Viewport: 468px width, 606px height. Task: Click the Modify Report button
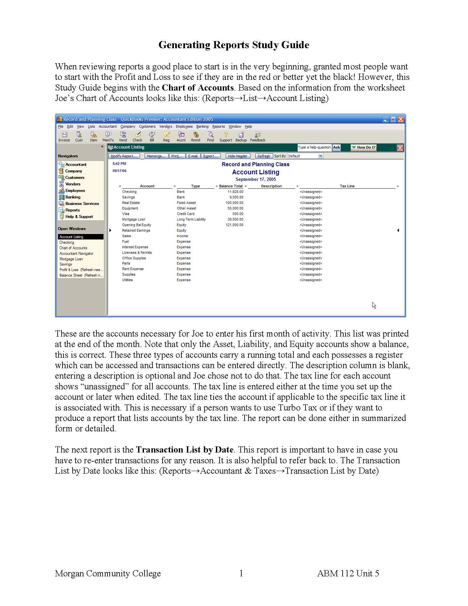(x=124, y=156)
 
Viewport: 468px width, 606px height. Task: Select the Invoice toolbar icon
(x=64, y=137)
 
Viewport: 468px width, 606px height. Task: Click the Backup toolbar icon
(x=241, y=137)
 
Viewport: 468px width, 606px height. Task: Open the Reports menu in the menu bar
(x=219, y=126)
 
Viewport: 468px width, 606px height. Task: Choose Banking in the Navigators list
(x=73, y=197)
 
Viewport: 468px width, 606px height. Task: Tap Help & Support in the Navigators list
(x=79, y=217)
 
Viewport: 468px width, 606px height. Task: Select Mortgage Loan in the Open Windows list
(x=71, y=259)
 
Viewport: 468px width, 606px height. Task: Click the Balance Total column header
(x=231, y=186)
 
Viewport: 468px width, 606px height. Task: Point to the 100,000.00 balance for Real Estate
(x=234, y=203)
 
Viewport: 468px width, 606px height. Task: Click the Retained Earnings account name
(x=136, y=230)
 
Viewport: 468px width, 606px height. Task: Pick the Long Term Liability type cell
(x=191, y=219)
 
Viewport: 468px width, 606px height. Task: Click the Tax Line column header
(x=347, y=186)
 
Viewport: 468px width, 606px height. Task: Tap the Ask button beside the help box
(x=336, y=147)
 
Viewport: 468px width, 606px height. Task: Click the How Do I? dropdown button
(x=363, y=147)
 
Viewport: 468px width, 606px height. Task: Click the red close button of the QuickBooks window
(x=401, y=119)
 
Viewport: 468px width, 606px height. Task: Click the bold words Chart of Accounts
(x=198, y=88)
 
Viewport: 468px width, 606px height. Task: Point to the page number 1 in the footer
(x=241, y=573)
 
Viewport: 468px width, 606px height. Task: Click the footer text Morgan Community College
(x=108, y=573)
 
